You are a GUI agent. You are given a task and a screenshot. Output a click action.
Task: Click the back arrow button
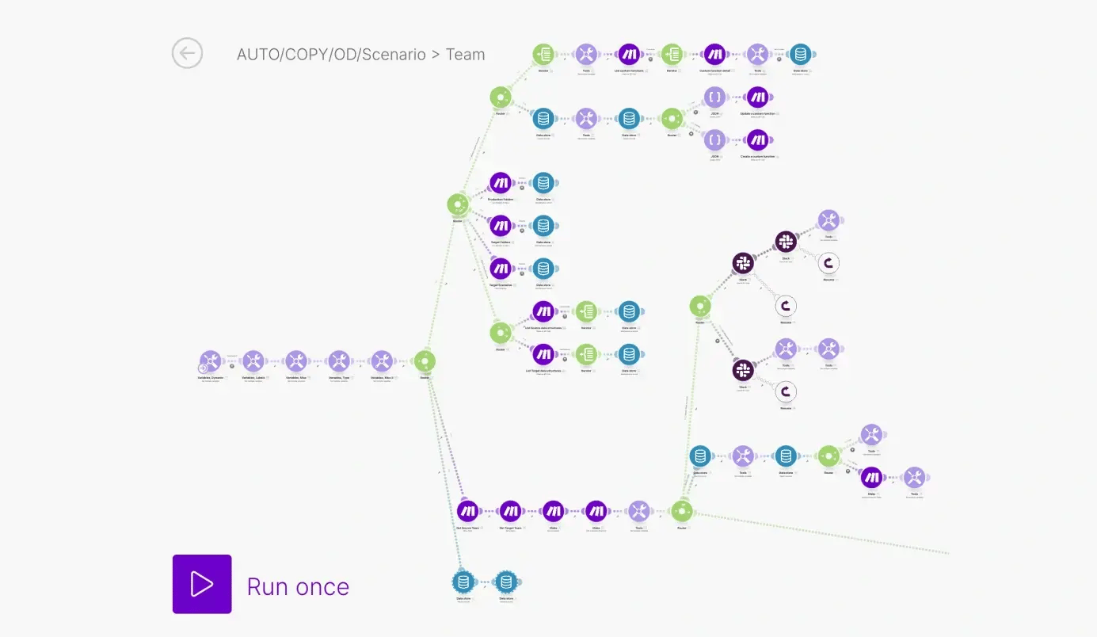click(x=188, y=54)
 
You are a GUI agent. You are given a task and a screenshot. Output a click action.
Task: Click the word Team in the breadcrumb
click(x=465, y=55)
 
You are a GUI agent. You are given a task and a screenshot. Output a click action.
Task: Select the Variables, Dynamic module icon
click(x=211, y=361)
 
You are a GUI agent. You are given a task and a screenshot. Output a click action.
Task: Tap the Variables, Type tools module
click(x=339, y=361)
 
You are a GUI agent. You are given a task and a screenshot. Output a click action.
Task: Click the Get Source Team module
click(x=467, y=511)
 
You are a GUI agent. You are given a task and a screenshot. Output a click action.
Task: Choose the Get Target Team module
click(x=510, y=511)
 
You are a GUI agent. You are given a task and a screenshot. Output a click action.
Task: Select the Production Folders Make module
click(x=501, y=183)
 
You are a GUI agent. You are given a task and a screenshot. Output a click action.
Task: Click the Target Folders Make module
click(x=501, y=226)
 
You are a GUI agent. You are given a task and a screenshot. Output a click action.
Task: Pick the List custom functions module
click(x=629, y=54)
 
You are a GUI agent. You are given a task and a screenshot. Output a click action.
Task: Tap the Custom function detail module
click(x=714, y=54)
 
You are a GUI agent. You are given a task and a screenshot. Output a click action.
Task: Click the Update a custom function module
click(x=757, y=97)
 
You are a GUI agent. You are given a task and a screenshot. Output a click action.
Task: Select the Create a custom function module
click(x=757, y=140)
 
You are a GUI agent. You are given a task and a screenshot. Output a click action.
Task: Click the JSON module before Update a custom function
click(x=714, y=97)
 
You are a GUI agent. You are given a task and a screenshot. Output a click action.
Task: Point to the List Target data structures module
click(x=543, y=354)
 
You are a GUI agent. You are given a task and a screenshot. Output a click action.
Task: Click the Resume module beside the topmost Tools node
click(x=828, y=263)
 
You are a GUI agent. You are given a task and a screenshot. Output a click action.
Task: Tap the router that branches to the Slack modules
click(x=700, y=306)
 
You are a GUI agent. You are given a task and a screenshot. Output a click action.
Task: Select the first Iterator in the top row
click(x=543, y=54)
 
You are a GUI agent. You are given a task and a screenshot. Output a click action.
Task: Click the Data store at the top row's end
click(x=800, y=54)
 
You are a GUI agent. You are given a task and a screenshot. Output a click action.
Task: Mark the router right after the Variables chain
click(x=425, y=361)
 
